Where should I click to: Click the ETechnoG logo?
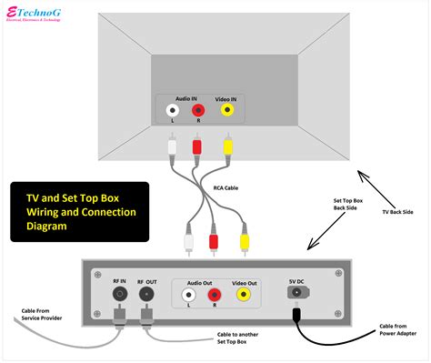coord(41,16)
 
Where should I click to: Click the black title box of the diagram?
coord(80,212)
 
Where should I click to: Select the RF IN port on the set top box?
coord(119,295)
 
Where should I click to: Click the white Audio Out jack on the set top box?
coord(188,295)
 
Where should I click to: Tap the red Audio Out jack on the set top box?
coord(214,295)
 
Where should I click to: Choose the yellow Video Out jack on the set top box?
coord(244,295)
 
